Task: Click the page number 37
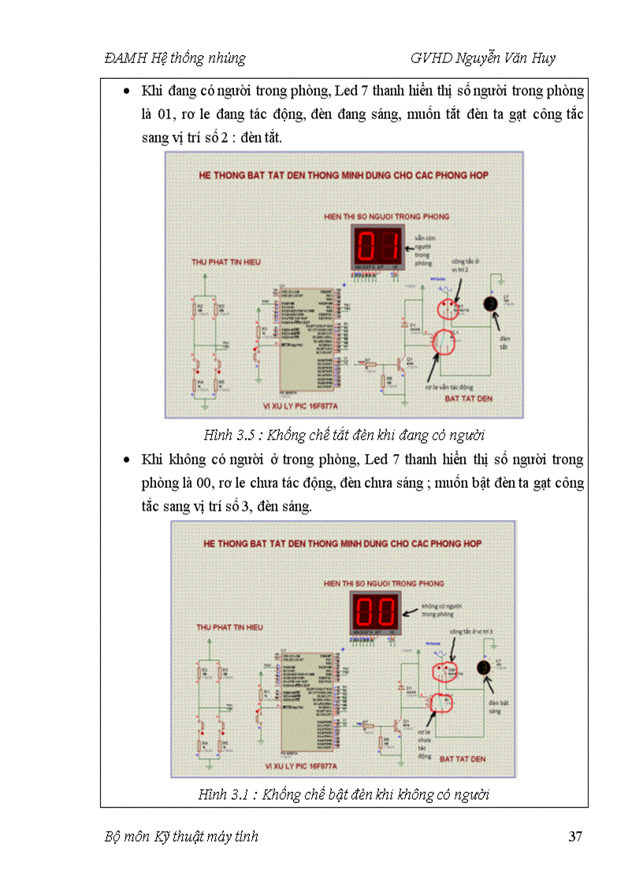click(x=575, y=837)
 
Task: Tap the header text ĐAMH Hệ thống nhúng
click(x=174, y=58)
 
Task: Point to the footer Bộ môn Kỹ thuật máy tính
click(x=181, y=837)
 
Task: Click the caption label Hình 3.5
click(x=229, y=435)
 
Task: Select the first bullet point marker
click(x=128, y=92)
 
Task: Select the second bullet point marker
click(x=128, y=459)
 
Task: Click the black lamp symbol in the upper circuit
click(x=491, y=303)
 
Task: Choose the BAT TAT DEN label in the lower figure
click(x=465, y=757)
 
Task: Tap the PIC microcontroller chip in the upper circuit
click(x=305, y=340)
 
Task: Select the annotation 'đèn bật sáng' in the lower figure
click(x=495, y=706)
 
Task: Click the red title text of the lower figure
click(x=342, y=544)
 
